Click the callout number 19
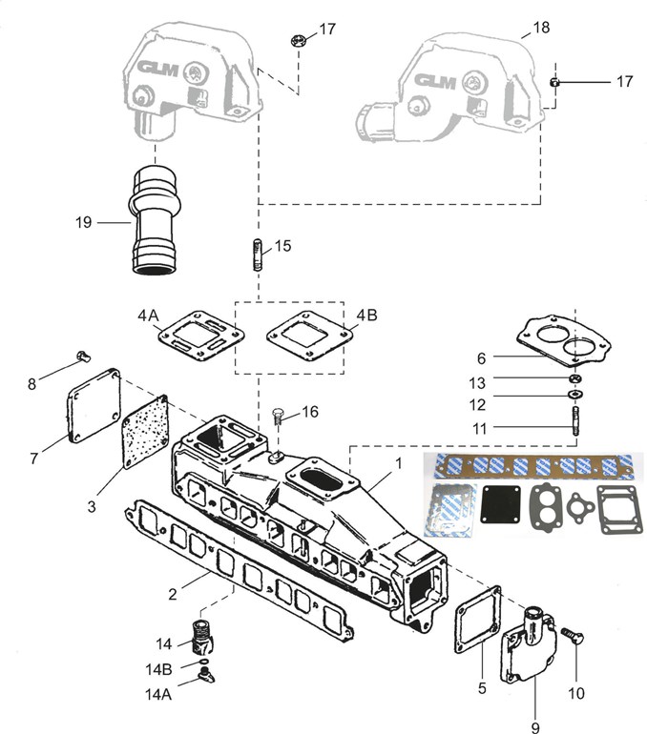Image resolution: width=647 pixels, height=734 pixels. tap(83, 222)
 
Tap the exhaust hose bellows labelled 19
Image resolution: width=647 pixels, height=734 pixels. tap(155, 219)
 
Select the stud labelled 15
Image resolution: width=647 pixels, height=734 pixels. tap(258, 255)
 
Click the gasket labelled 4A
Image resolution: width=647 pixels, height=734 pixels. tap(202, 338)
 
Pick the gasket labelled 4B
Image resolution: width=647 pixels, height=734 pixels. tap(310, 337)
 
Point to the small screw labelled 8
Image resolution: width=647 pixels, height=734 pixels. tap(83, 357)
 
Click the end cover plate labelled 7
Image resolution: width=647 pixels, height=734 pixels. tap(94, 405)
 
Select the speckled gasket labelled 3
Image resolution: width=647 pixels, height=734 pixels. tap(145, 431)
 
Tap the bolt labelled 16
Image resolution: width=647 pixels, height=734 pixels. tap(277, 417)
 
